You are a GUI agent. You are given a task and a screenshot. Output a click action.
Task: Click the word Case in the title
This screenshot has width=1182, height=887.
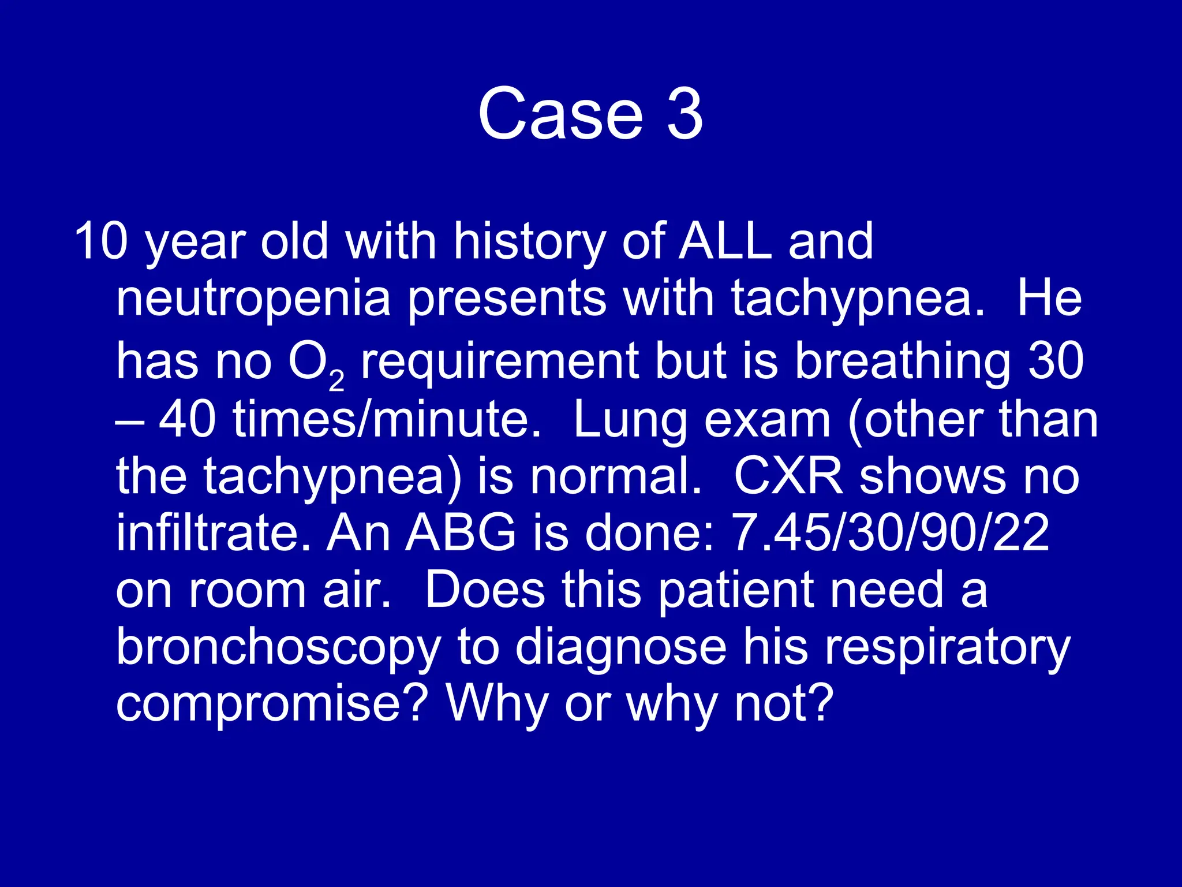click(x=560, y=114)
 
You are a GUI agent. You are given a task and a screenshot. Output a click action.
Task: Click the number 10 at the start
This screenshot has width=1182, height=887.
click(x=101, y=241)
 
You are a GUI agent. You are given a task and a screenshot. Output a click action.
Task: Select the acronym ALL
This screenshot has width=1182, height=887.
click(x=724, y=241)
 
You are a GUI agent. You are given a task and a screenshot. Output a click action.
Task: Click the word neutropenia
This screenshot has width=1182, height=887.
click(x=253, y=300)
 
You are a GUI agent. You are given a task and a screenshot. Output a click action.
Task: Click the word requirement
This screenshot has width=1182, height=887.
click(x=499, y=362)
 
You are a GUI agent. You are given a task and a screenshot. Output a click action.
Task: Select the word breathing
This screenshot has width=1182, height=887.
click(x=902, y=362)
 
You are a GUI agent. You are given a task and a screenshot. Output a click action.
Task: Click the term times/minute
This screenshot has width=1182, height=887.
click(x=387, y=419)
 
